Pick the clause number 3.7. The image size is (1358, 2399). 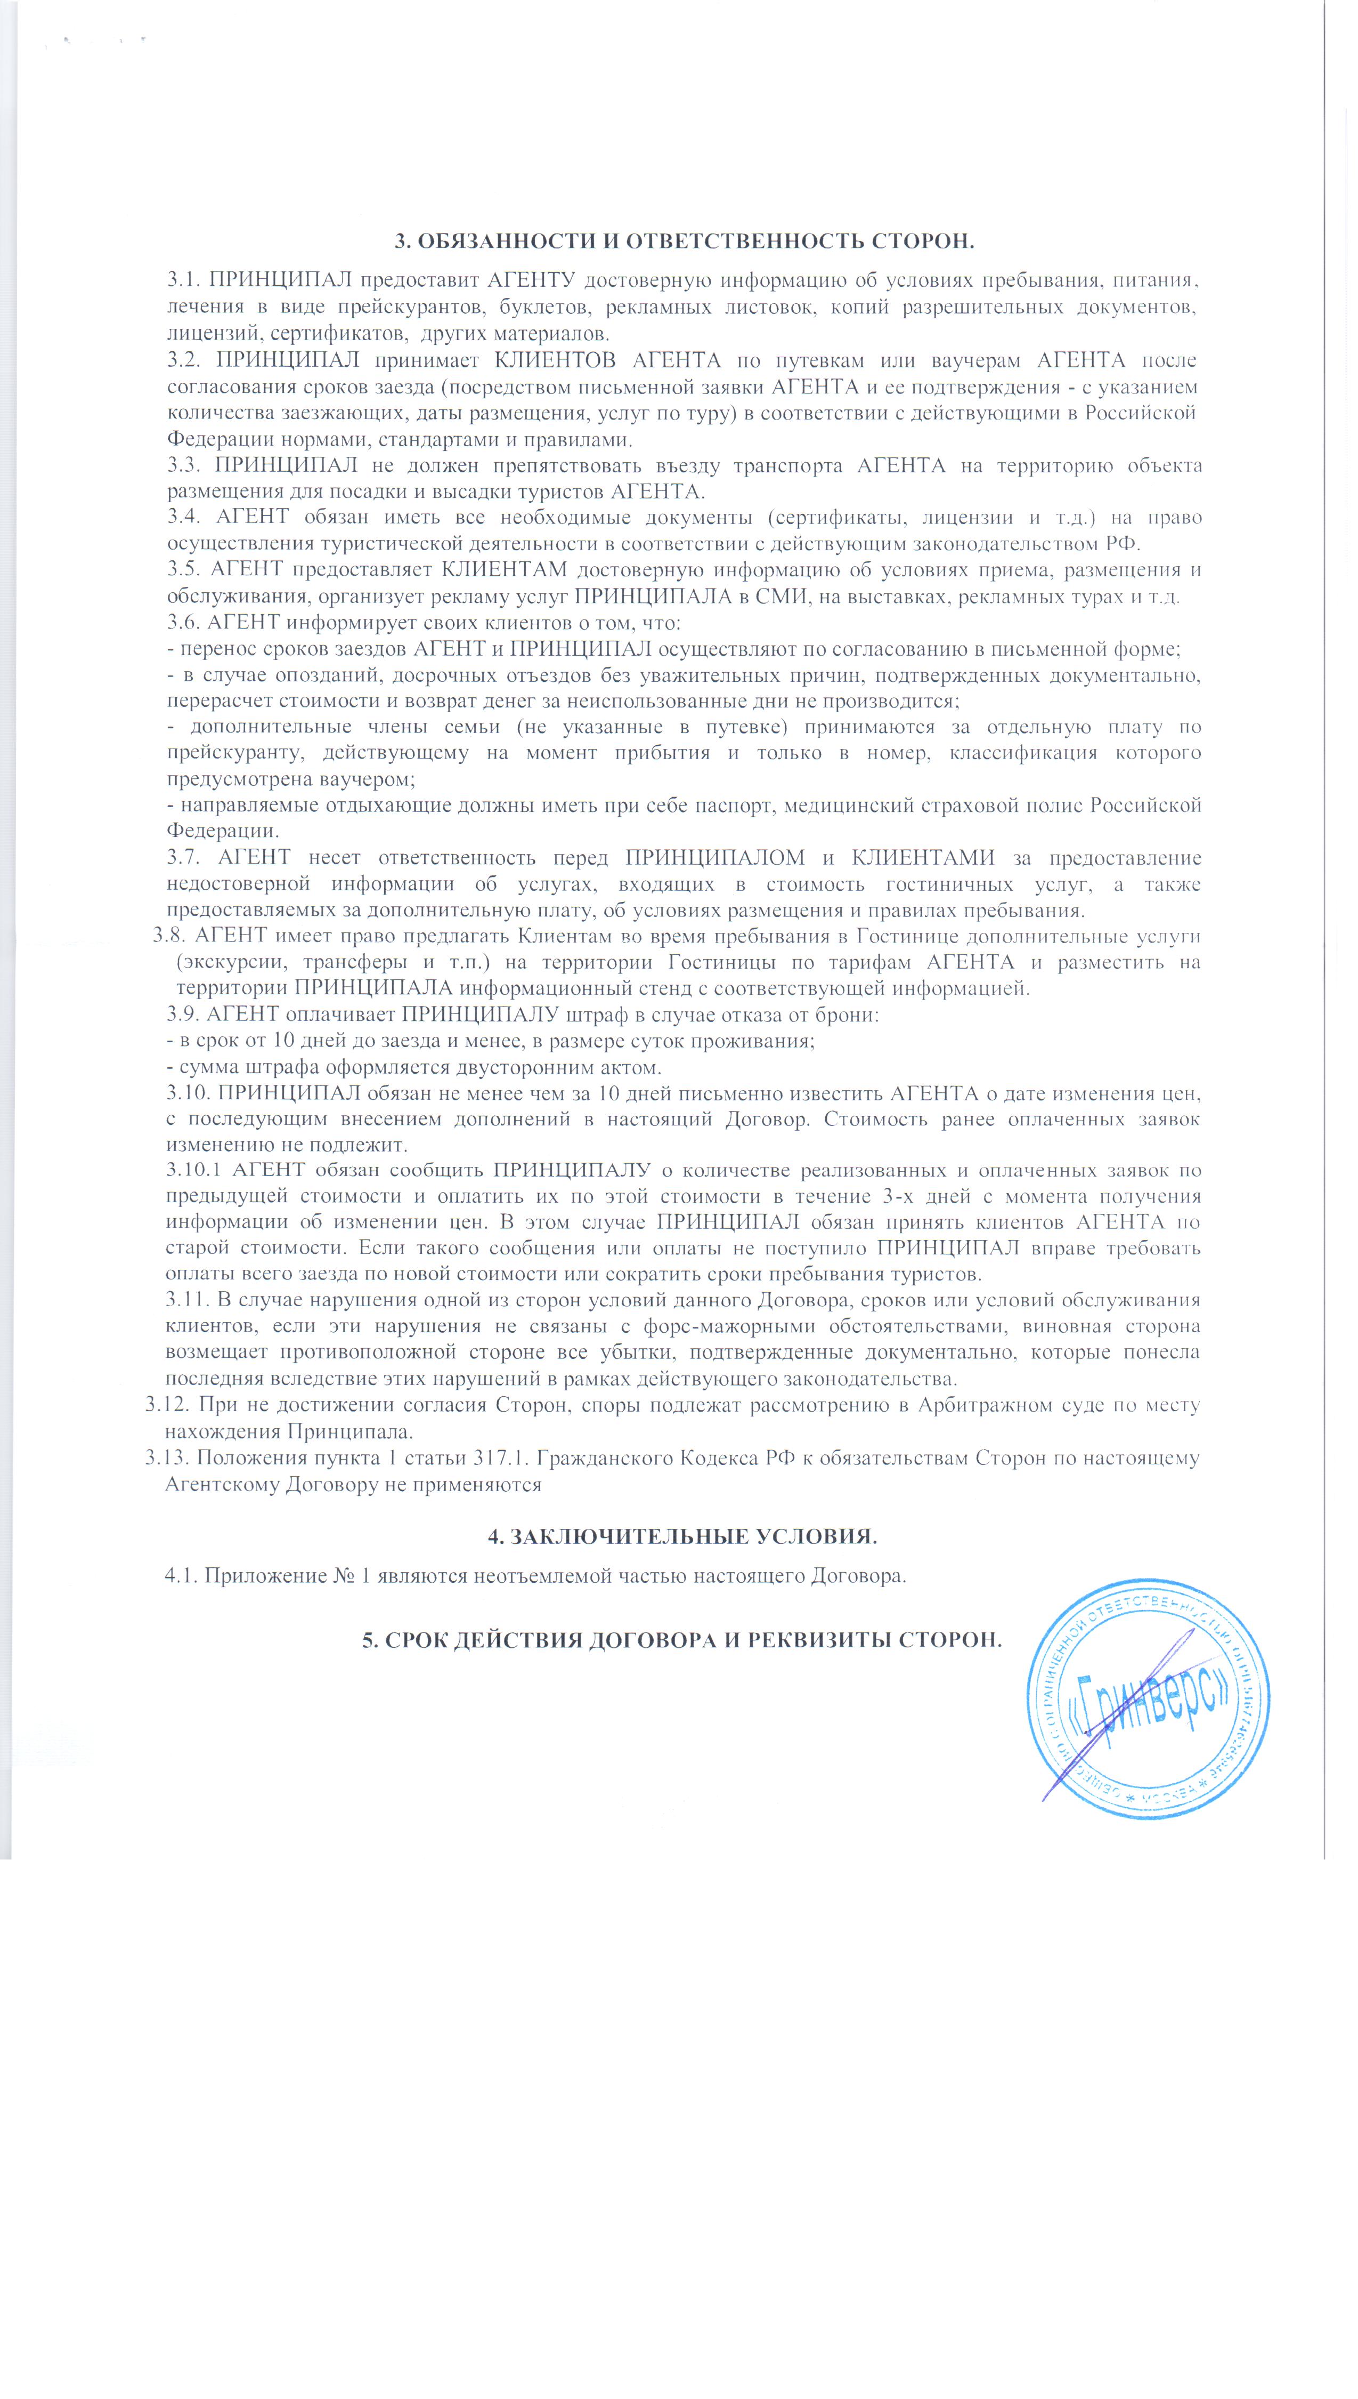pyautogui.click(x=184, y=858)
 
